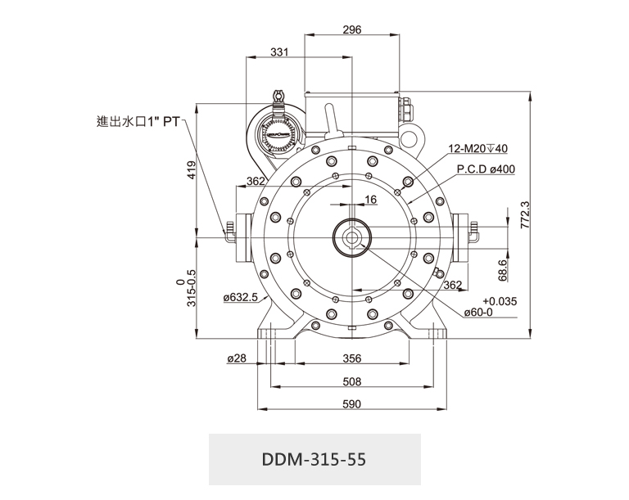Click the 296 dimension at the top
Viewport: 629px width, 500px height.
tap(352, 30)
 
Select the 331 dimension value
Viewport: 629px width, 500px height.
tap(279, 52)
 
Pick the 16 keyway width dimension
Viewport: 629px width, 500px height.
tap(371, 199)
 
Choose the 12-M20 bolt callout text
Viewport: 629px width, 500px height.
tap(478, 149)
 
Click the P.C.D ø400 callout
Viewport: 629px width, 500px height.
tap(486, 169)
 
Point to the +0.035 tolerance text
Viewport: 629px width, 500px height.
tap(500, 300)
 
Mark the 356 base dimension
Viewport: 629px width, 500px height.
tap(351, 358)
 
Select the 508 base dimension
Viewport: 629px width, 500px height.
tap(351, 381)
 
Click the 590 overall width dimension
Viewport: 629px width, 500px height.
tap(351, 404)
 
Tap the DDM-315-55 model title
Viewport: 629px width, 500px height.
tap(314, 459)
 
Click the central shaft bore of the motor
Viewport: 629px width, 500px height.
tap(352, 238)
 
